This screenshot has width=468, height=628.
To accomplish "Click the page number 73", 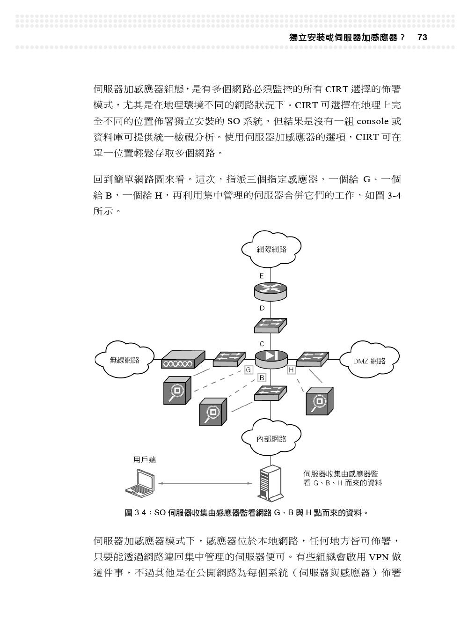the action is coord(422,37).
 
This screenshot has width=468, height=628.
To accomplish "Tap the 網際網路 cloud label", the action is coord(271,250).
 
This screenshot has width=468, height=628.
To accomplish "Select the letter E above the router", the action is coord(262,276).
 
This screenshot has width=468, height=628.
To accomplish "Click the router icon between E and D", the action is coord(271,292).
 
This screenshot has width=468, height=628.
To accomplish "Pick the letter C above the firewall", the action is coord(262,344).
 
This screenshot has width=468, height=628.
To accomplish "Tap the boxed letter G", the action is coord(249,370).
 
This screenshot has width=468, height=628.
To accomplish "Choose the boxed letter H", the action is coord(291,370).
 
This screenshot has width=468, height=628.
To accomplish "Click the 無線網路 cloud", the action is coord(124,359).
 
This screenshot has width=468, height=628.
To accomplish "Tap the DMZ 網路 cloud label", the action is coord(369,361).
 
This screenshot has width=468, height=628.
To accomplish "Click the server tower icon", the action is coord(270,483).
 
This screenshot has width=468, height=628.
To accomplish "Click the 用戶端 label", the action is coord(145,460).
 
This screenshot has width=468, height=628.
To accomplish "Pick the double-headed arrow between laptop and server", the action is coord(205,483).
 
